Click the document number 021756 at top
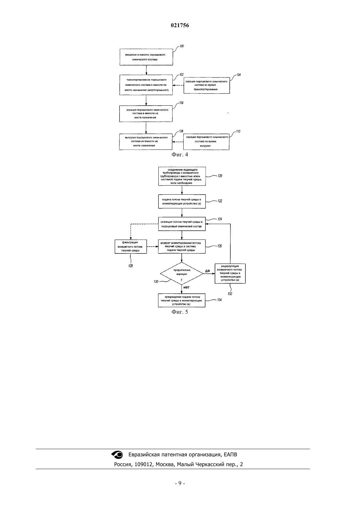click(180, 25)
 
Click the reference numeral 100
click(182, 46)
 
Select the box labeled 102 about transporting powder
click(146, 85)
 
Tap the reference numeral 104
click(239, 75)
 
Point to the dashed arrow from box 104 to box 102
click(178, 85)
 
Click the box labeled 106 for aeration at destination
click(146, 114)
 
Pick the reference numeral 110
click(238, 131)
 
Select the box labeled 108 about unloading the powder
click(146, 142)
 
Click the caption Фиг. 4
click(180, 154)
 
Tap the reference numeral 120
click(220, 176)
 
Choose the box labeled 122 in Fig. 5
click(182, 201)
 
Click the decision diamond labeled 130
click(182, 273)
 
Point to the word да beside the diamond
click(207, 271)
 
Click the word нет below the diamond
click(186, 287)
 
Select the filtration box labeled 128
click(131, 247)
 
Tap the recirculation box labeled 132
click(230, 273)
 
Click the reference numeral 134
click(219, 300)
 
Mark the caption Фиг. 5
click(180, 312)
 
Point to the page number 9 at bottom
click(180, 483)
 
